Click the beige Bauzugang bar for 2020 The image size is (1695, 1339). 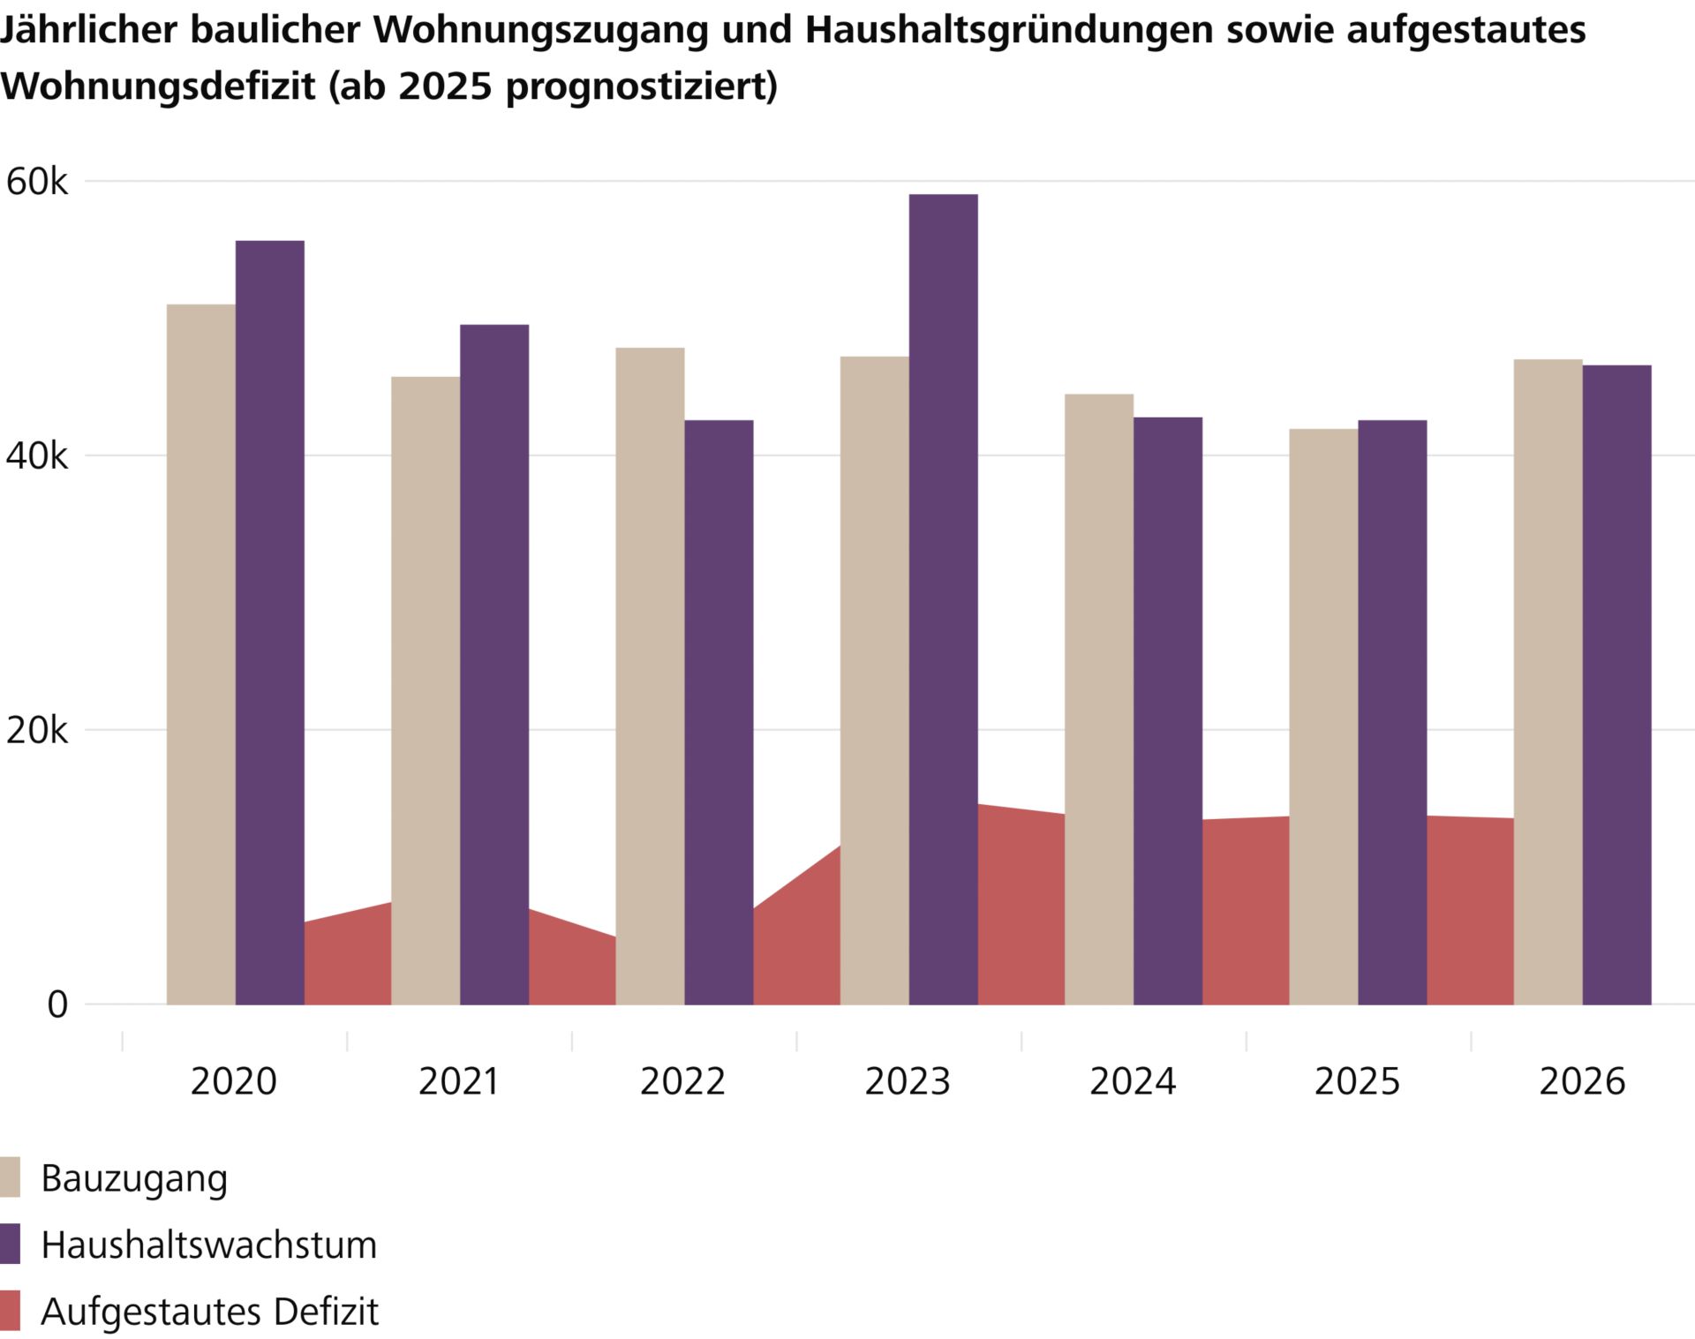coord(201,653)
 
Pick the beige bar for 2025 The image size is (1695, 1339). coord(1323,716)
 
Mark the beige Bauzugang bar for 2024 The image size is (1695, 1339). coord(1099,698)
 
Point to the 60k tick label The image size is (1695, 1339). coord(36,182)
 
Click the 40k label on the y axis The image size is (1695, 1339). coord(36,456)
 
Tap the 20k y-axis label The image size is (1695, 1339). coord(36,731)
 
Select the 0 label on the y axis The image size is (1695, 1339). coord(57,1004)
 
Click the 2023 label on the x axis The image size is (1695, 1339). coord(908,1081)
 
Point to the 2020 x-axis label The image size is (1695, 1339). coord(234,1081)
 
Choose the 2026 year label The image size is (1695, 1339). coord(1582,1081)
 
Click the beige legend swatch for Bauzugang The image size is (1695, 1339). coord(10,1177)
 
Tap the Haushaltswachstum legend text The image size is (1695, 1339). coord(209,1245)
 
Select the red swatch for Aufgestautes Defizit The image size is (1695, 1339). coord(10,1311)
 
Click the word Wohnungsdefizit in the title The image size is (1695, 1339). coord(158,86)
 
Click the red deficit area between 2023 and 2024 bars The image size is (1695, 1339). coord(1021,909)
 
